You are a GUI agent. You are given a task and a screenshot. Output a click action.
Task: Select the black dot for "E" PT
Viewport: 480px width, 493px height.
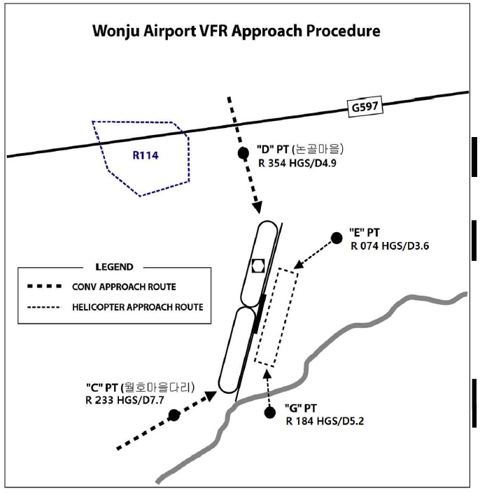(337, 238)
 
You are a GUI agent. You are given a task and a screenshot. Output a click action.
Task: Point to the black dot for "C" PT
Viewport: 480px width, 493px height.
(174, 415)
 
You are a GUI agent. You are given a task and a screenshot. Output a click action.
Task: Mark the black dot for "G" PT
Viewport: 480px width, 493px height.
(270, 413)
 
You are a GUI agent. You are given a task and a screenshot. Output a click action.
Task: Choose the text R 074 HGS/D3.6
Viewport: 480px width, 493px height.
(391, 246)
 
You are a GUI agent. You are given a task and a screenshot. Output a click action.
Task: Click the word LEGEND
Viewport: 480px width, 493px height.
(113, 267)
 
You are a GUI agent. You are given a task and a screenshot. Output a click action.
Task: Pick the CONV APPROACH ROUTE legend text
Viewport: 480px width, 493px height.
(124, 287)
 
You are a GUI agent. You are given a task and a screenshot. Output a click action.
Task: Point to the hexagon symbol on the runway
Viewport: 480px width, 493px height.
(257, 266)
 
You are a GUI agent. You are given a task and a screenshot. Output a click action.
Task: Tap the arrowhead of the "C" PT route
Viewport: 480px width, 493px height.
(209, 396)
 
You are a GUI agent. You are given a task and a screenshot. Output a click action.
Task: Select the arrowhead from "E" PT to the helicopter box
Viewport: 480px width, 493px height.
(298, 265)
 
